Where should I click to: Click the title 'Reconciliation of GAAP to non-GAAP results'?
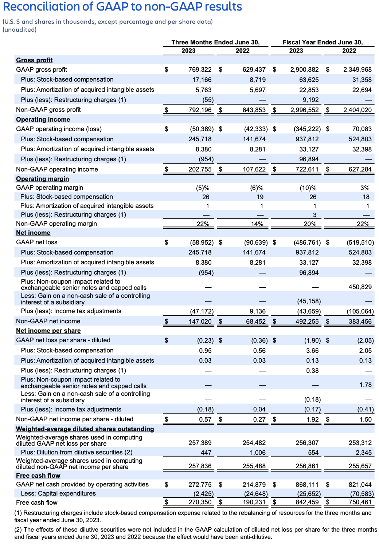pyautogui.click(x=122, y=7)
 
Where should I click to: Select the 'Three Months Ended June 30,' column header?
pyautogui.click(x=215, y=42)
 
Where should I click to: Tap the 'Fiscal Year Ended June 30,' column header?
pyautogui.click(x=323, y=42)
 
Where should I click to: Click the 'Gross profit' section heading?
pyautogui.click(x=34, y=60)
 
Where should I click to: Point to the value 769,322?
pyautogui.click(x=200, y=70)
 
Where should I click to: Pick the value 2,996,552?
pyautogui.click(x=304, y=110)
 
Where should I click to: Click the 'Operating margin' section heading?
pyautogui.click(x=42, y=179)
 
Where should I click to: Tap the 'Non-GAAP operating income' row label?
pyautogui.click(x=57, y=169)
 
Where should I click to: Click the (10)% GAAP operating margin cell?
pyautogui.click(x=308, y=188)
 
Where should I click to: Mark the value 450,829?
pyautogui.click(x=360, y=287)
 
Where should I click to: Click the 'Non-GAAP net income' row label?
pyautogui.click(x=48, y=321)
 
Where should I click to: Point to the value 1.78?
pyautogui.click(x=366, y=385)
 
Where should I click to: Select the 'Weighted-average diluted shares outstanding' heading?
pyautogui.click(x=85, y=429)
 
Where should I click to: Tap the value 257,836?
pyautogui.click(x=200, y=466)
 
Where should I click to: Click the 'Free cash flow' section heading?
pyautogui.click(x=38, y=476)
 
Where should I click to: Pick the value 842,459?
pyautogui.click(x=307, y=502)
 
